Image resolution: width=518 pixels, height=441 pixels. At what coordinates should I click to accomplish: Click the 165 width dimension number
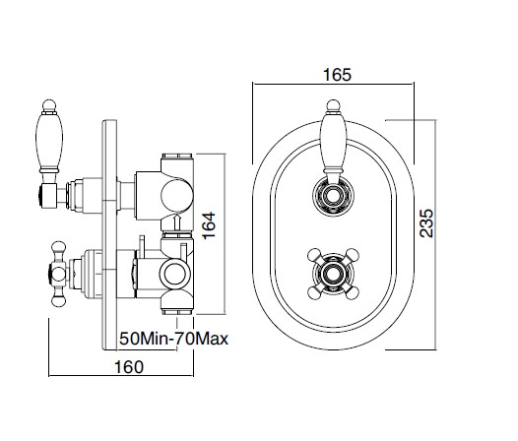pos(337,75)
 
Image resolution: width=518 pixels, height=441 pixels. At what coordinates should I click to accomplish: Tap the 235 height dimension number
pos(426,222)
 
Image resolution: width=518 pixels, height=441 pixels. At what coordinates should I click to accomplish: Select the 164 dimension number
pos(209,225)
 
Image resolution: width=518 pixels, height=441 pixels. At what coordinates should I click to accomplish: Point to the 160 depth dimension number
pos(129,367)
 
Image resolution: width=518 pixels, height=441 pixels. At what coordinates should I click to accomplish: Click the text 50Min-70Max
pos(173,339)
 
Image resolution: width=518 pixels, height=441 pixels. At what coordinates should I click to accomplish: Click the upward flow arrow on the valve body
pos(176,221)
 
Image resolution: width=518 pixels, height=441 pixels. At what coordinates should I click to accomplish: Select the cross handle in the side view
pos(59,275)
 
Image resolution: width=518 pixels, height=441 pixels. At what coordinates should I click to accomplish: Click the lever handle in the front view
pos(333,142)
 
